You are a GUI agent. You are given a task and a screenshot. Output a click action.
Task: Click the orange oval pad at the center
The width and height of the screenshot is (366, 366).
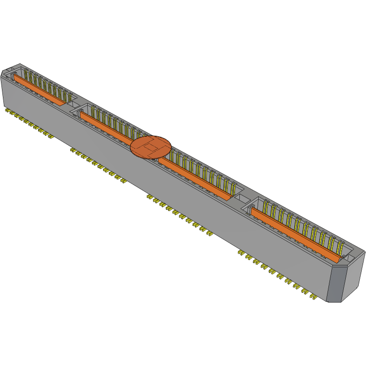pyautogui.click(x=151, y=146)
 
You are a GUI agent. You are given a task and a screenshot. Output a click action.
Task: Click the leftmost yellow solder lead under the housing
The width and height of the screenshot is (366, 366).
pyautogui.click(x=8, y=111)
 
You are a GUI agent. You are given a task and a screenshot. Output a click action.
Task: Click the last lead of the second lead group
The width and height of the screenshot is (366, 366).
pyautogui.click(x=123, y=181)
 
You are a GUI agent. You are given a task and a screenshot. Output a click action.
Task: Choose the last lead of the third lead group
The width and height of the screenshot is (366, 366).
pyautogui.click(x=210, y=235)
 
